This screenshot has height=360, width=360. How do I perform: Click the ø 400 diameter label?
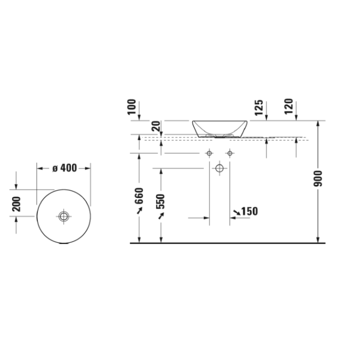[64, 168]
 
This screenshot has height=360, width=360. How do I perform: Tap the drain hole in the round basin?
[63, 216]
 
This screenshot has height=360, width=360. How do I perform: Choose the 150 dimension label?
[248, 211]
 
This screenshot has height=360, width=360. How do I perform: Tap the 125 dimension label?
[258, 108]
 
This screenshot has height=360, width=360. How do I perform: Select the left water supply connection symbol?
[210, 153]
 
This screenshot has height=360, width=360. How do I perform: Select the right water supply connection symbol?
[229, 153]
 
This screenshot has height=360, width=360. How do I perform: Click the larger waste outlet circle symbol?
[219, 168]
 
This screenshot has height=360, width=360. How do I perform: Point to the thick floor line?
[227, 243]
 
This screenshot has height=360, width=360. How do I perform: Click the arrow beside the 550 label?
[160, 215]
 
